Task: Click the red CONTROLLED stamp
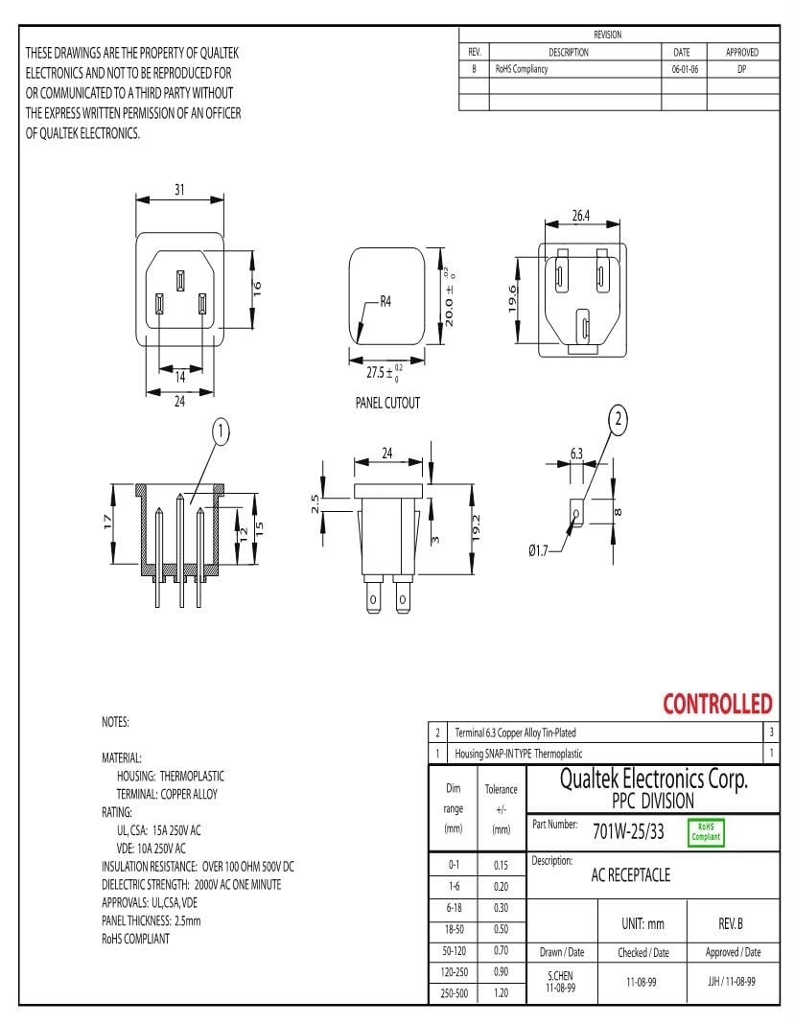pos(717,705)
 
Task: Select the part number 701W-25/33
pos(628,831)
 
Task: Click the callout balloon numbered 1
pos(221,432)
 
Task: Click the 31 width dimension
pos(179,189)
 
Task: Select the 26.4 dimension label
pos(580,216)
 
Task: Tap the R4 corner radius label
pos(385,301)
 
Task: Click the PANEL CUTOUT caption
pos(387,403)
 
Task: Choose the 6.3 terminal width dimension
pos(576,452)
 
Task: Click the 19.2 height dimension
pos(476,528)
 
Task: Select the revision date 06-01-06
pos(685,70)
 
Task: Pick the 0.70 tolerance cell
pos(501,951)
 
